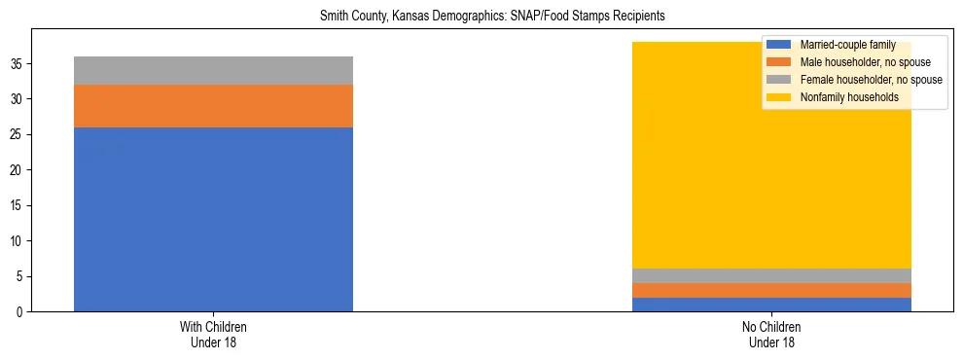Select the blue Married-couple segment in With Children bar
tap(213, 219)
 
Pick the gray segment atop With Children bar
tap(213, 70)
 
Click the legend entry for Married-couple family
tap(847, 45)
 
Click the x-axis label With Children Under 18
tap(213, 335)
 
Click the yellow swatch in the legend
tap(778, 97)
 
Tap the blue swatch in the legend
tap(778, 45)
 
